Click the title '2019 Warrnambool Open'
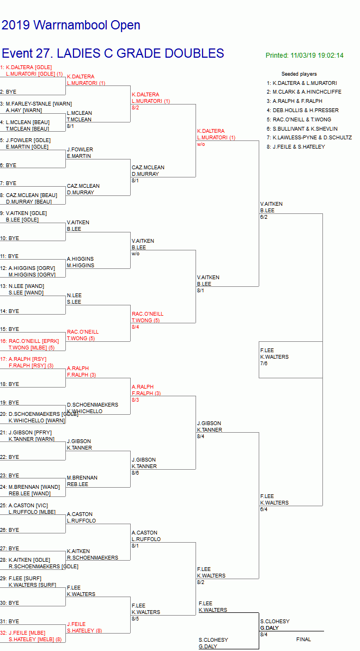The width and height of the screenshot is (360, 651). tap(71, 25)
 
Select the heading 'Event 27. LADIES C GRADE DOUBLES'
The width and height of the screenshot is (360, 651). tap(113, 53)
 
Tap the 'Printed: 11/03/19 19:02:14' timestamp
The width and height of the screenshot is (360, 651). tap(304, 56)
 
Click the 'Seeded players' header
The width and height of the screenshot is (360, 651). tap(299, 74)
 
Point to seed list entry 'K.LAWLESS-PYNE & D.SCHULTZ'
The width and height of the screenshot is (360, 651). tap(312, 138)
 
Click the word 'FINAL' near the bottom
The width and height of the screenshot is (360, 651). tap(304, 640)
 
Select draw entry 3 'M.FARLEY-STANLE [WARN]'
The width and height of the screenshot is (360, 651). tap(39, 103)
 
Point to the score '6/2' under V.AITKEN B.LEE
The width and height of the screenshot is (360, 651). tap(264, 217)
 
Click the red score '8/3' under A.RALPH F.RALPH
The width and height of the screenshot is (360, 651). tap(135, 400)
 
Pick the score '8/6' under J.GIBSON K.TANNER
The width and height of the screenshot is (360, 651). tap(135, 473)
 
